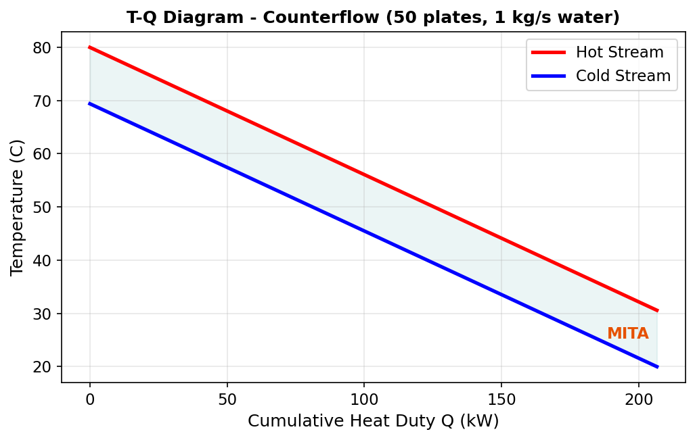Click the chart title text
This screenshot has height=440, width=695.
(373, 18)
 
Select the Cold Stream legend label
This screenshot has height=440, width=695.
(623, 76)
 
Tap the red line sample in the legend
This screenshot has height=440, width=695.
(548, 52)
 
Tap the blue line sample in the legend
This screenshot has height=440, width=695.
(548, 76)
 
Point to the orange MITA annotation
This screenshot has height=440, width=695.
(627, 334)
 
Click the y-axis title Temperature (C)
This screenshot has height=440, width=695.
(18, 207)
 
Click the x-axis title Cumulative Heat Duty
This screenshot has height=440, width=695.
(373, 421)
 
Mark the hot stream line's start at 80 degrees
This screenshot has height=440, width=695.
(90, 47)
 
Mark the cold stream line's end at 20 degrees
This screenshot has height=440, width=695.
(657, 366)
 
